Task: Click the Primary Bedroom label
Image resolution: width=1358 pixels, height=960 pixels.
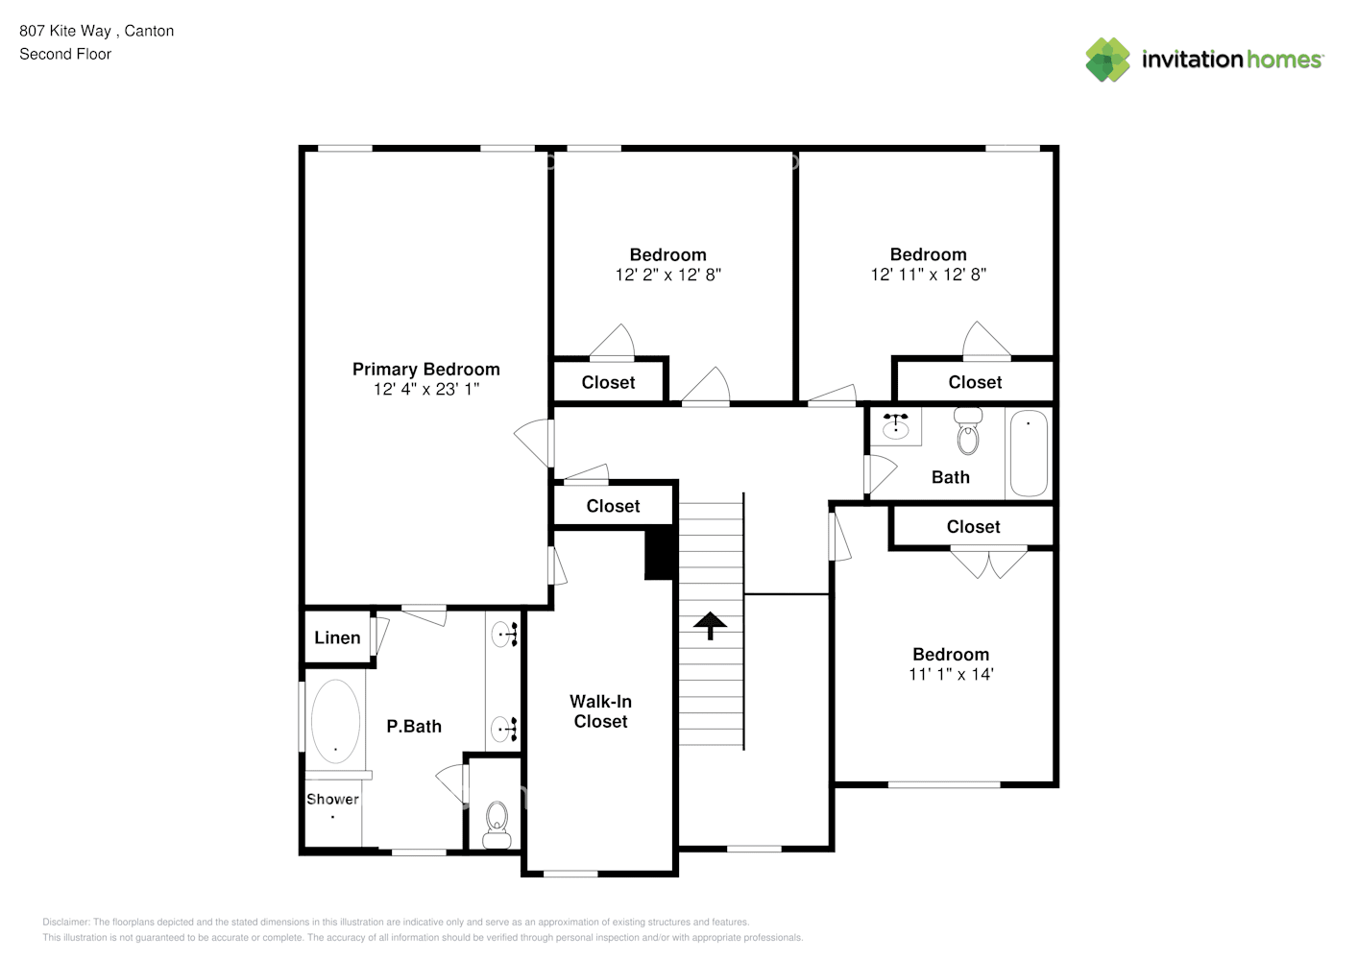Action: point(425,370)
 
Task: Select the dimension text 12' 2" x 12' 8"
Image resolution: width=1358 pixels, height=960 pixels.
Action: point(667,276)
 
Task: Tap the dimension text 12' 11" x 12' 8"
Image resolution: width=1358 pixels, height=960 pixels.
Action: point(928,276)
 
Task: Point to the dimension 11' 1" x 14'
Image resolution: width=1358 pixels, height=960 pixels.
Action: point(950,675)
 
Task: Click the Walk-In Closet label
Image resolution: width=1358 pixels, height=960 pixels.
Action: point(600,711)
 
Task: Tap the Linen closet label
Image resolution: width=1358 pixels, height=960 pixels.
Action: point(337,637)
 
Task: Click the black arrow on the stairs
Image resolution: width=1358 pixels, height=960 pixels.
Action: point(710,625)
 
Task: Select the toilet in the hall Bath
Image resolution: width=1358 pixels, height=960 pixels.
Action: point(968,432)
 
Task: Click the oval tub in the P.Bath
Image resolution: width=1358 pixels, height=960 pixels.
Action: point(335,721)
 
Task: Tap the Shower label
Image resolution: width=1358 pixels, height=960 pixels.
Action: point(332,799)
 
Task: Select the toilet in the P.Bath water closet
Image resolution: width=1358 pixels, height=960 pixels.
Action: point(497,824)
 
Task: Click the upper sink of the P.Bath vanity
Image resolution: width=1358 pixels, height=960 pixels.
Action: point(503,634)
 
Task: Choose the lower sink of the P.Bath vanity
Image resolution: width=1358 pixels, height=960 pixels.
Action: point(503,730)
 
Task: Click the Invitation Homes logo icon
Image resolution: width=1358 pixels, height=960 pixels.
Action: point(1107,60)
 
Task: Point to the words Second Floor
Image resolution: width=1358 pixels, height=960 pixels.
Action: point(65,55)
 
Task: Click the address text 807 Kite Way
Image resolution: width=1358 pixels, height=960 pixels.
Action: point(65,31)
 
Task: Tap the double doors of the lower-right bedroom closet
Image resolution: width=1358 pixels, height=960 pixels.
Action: point(988,563)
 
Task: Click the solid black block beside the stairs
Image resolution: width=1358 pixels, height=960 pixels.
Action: point(659,554)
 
